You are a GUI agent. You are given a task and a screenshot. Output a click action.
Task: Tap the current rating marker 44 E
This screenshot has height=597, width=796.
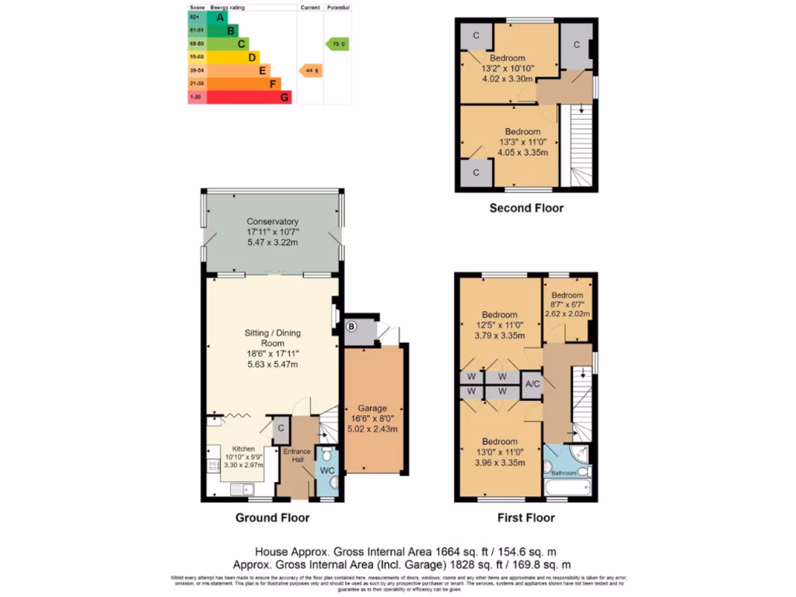310,71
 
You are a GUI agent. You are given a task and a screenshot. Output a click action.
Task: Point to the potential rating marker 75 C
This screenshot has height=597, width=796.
337,44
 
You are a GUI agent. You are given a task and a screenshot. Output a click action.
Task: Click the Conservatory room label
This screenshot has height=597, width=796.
272,222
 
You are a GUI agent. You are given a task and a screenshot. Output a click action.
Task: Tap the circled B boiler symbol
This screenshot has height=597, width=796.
351,327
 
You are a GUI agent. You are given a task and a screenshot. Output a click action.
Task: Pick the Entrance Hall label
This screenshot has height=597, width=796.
296,456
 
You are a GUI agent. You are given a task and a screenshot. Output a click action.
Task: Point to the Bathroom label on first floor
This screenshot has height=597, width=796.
564,473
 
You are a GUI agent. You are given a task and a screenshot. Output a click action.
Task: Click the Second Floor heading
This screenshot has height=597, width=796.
526,208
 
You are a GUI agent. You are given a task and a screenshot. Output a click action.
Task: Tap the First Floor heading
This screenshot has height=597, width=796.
526,518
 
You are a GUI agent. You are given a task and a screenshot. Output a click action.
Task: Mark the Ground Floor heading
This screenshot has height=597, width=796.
272,518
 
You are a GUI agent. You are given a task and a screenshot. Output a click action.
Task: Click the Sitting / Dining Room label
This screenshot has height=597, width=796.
272,338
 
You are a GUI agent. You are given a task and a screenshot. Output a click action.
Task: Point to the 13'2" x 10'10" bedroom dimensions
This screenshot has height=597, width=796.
507,68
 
